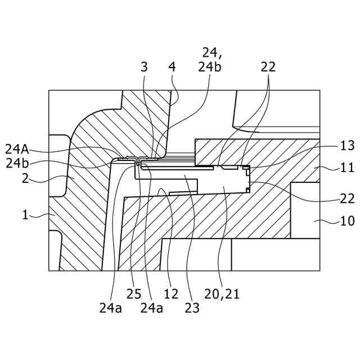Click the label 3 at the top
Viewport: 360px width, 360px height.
[x=144, y=66]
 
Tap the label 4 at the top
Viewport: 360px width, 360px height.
[x=172, y=66]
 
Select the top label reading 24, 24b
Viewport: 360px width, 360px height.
[x=209, y=60]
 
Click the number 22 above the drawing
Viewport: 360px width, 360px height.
[x=268, y=66]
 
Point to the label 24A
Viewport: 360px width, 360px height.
[x=17, y=149]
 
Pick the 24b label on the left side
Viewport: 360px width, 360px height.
[x=17, y=164]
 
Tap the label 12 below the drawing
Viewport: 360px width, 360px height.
[x=171, y=293]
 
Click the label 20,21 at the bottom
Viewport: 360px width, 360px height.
[x=222, y=293]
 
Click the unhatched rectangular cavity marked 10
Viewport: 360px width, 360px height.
[x=305, y=209]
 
